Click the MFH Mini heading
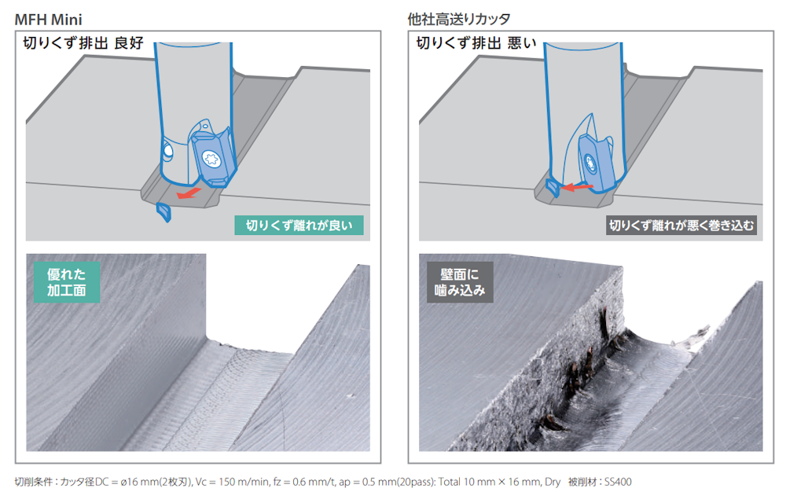48,20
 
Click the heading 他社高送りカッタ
459,20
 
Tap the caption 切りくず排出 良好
83,43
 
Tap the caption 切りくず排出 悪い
476,43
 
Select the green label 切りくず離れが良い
299,226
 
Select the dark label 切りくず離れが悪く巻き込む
681,226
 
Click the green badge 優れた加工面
67,282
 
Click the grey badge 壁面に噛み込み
460,282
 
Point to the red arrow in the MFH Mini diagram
189,193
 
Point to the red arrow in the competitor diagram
577,187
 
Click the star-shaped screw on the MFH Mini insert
211,160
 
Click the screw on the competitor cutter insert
590,163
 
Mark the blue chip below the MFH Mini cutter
164,212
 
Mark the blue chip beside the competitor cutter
553,187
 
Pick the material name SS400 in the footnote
618,482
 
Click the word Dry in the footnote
553,482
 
